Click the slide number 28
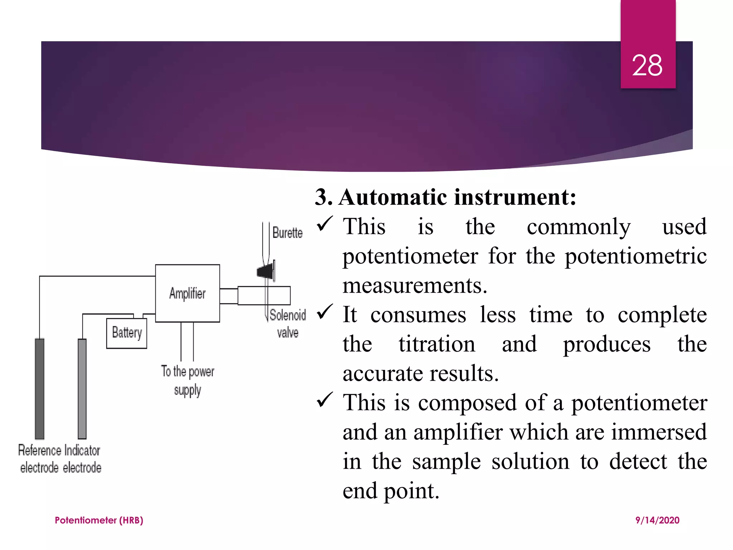click(647, 66)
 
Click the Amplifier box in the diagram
click(187, 293)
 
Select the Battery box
click(127, 333)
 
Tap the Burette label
click(287, 233)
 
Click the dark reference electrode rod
click(39, 389)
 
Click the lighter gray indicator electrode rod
click(82, 389)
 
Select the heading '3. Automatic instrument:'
click(446, 197)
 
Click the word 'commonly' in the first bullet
click(578, 227)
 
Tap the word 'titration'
click(437, 344)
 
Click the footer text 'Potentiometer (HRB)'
click(99, 520)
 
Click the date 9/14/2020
click(657, 520)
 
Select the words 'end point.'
click(391, 491)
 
